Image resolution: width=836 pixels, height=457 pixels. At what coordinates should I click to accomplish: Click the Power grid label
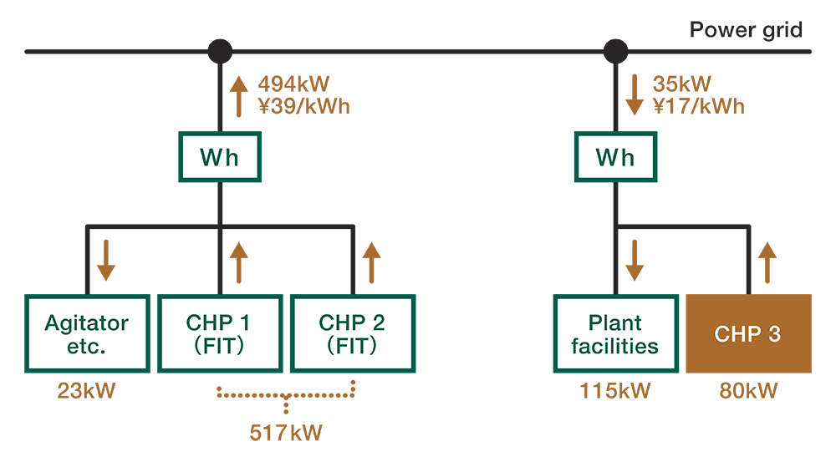point(746,31)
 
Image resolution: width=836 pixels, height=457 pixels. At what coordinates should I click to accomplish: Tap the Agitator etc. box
point(87,333)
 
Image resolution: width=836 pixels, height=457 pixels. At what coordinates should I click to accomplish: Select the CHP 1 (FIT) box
point(218,333)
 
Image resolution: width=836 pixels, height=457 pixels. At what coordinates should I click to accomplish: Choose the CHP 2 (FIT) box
point(352,333)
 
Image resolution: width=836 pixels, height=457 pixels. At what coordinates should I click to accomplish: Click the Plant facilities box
point(614,333)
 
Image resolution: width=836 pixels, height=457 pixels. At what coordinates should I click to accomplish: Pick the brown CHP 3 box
point(748,333)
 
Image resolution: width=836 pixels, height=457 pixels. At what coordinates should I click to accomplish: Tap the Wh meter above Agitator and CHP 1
point(219,157)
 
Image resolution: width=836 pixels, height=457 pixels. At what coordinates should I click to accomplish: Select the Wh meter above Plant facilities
point(615,157)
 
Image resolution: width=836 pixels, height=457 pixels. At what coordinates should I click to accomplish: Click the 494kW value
point(294,84)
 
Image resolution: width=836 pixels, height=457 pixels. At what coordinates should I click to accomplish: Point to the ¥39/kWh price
point(303,106)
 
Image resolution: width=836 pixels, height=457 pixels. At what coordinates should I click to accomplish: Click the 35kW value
point(681,84)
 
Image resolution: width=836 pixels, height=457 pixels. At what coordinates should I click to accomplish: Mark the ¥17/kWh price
point(697,106)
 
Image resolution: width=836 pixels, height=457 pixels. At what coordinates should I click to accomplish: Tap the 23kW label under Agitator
point(86,391)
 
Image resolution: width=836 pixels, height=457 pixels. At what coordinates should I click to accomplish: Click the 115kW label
point(614,391)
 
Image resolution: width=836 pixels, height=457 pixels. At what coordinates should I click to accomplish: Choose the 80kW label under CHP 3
point(748,391)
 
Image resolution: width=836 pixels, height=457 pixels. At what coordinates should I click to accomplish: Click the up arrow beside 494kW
point(239,94)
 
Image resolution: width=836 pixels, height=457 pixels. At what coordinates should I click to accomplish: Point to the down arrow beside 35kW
point(635,94)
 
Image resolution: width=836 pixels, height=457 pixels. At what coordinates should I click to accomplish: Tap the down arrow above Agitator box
point(106,260)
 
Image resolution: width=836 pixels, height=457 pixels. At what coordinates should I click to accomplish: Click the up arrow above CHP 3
point(767,260)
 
